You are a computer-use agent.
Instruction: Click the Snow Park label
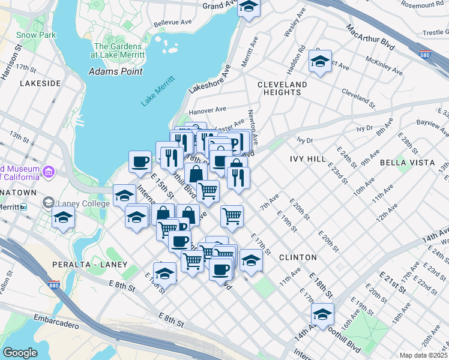coord(36,35)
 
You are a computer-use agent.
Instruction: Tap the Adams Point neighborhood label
coord(115,71)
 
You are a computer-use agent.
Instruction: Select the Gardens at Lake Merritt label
coord(118,50)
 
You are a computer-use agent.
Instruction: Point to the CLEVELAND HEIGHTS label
coord(282,88)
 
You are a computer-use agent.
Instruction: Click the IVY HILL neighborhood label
coord(307,159)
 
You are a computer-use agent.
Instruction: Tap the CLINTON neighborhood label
coord(298,257)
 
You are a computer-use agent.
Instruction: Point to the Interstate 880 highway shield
coord(54,286)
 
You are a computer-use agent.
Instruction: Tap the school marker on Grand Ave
coord(248,7)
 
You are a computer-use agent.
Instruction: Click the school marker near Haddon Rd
coord(321,61)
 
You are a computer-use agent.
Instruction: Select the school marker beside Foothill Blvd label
coord(322,314)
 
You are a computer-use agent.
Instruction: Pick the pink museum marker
coord(50,173)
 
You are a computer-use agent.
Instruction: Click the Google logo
coord(20,353)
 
